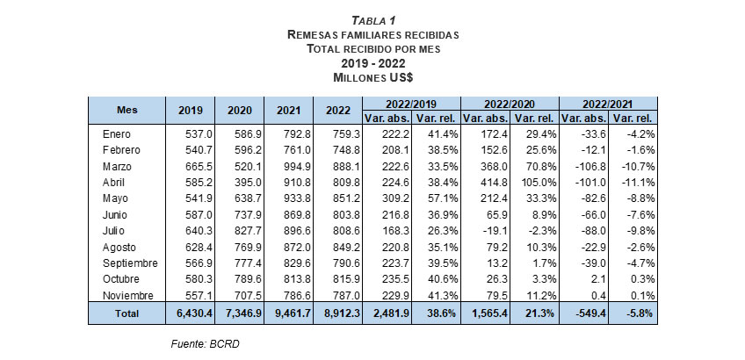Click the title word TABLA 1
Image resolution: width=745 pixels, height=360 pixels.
(372, 20)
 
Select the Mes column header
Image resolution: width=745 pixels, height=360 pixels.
(127, 110)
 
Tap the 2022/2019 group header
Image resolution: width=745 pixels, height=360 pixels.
(409, 102)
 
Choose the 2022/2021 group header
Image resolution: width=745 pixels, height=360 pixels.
(608, 102)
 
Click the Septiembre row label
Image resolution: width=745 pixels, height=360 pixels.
(129, 262)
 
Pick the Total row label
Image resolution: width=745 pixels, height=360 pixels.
(127, 312)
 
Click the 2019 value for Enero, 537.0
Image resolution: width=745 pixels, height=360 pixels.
(195, 134)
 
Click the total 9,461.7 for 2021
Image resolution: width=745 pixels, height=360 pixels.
(288, 312)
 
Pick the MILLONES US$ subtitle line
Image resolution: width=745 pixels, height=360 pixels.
(372, 77)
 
